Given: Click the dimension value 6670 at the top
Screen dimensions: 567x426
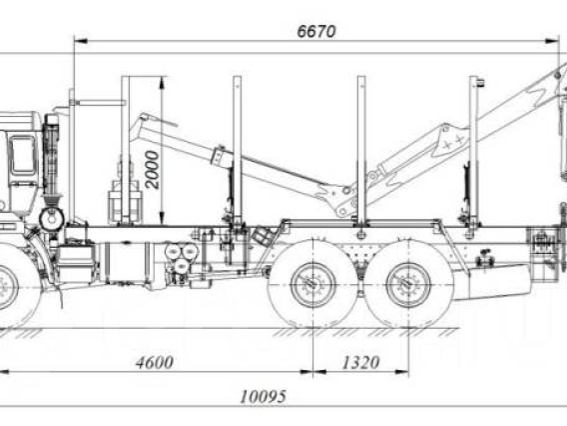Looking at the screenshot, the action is [x=316, y=32].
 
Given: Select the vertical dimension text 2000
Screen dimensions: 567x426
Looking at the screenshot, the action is [x=153, y=170].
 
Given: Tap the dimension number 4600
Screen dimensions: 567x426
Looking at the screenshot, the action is [x=155, y=363].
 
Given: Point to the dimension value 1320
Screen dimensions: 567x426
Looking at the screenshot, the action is [x=360, y=363].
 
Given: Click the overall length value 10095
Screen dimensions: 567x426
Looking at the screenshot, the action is [x=264, y=397].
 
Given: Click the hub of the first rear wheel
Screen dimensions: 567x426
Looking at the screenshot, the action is [x=313, y=285].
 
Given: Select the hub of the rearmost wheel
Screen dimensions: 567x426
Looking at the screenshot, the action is [x=408, y=285].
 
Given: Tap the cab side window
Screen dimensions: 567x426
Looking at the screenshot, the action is [x=23, y=155].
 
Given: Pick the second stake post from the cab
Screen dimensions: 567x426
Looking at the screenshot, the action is [x=238, y=151].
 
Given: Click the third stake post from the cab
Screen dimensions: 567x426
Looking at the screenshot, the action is [x=361, y=149].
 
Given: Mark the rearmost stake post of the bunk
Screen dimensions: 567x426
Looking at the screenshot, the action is [x=474, y=149].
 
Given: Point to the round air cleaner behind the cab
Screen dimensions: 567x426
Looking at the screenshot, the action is [x=52, y=219].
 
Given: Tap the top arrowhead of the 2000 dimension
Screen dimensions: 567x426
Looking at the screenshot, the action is [x=162, y=83].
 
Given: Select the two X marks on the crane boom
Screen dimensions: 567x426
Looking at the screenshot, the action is [x=453, y=142].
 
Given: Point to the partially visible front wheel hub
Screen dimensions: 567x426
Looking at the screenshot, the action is [x=7, y=287].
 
